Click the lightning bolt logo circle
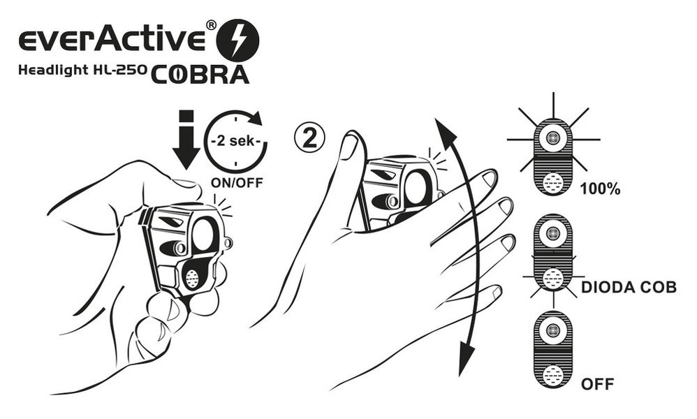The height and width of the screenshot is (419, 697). pos(238,40)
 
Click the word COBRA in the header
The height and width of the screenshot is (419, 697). pos(199,73)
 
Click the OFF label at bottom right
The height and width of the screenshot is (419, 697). pos(597,384)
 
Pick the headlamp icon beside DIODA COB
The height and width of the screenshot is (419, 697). pos(553,254)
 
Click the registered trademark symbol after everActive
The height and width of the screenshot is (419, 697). pos(210,25)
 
